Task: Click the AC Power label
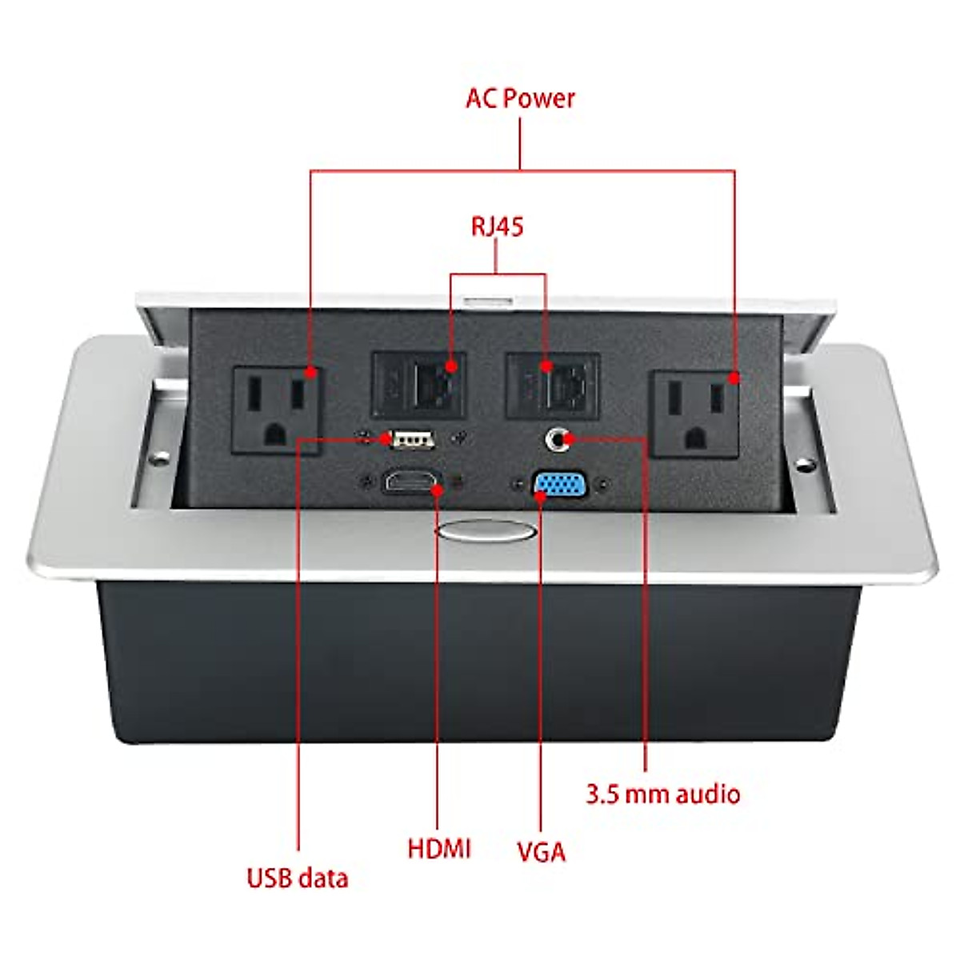pos(520,98)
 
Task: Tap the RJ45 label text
pos(497,226)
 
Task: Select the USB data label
pos(298,878)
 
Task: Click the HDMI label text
pos(439,848)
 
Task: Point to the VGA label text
pos(541,851)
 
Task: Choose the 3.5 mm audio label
pos(663,794)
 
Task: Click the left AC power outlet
pos(276,410)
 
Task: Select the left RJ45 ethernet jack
pos(420,385)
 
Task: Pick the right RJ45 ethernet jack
pos(554,386)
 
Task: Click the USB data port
pos(410,438)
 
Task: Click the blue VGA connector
pos(560,486)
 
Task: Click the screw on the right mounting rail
pos(802,463)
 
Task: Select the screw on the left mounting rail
pos(161,459)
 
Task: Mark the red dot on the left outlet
pos(313,372)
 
